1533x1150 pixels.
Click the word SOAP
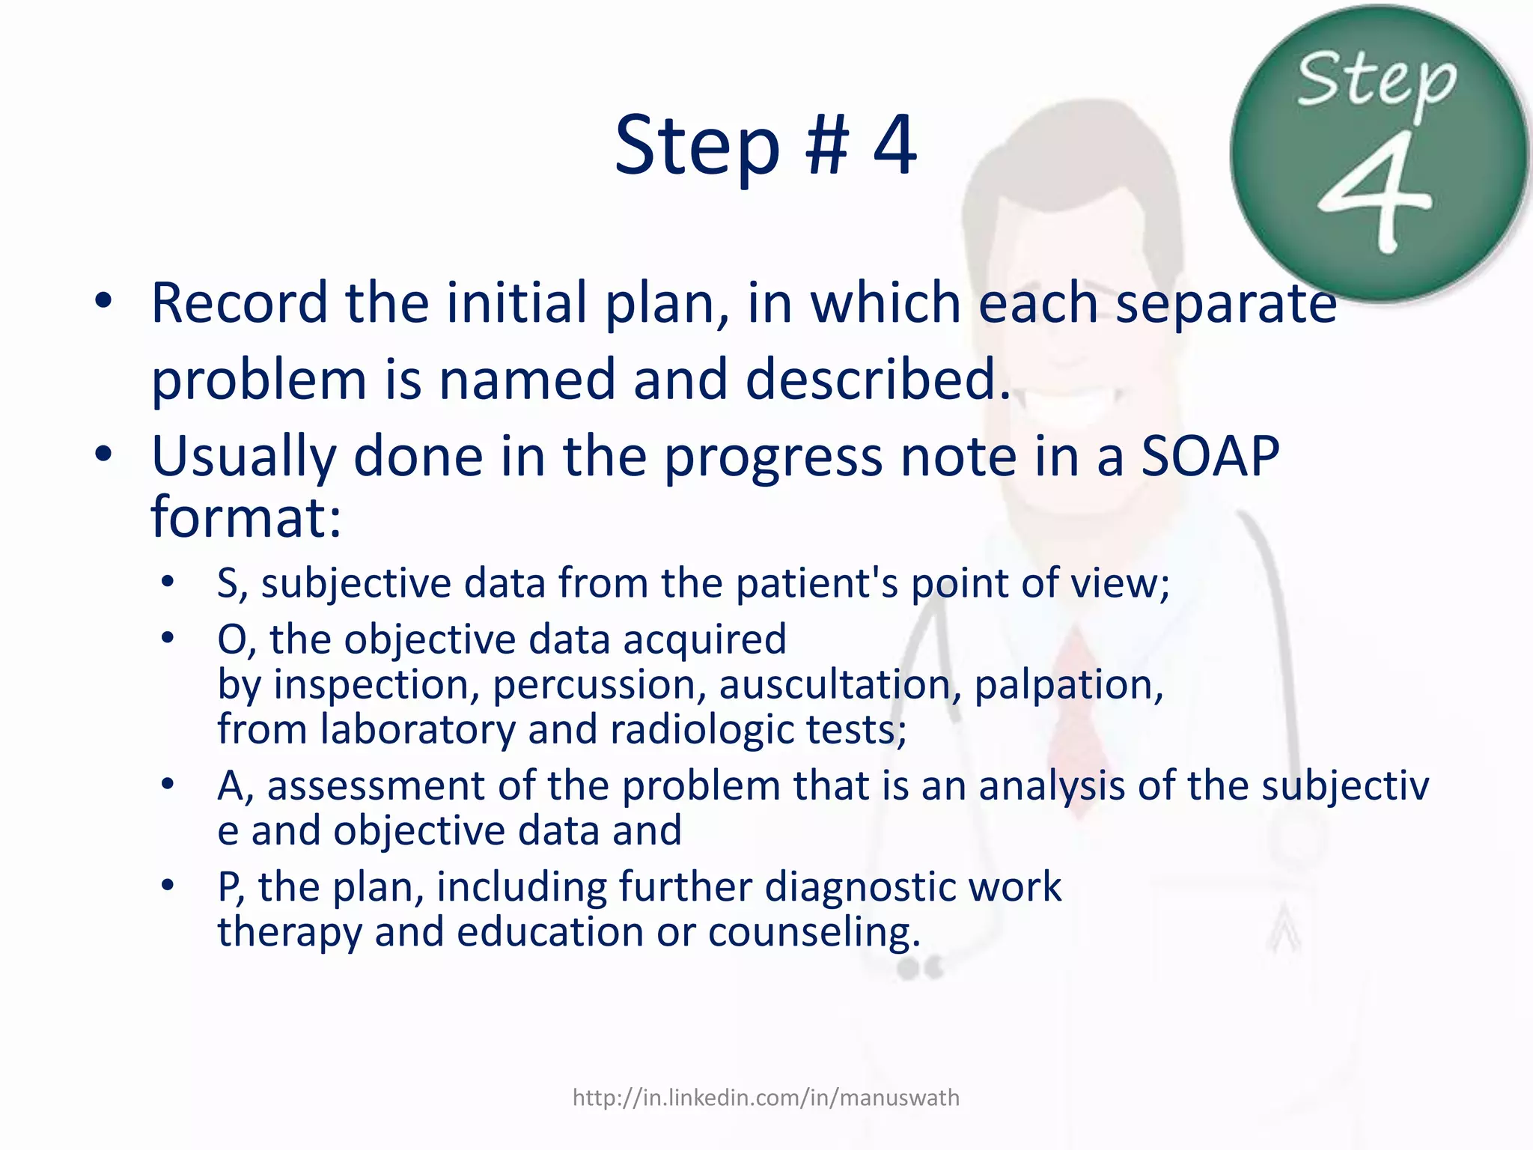(1209, 457)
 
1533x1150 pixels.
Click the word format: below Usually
(246, 518)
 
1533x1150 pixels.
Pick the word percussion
(598, 685)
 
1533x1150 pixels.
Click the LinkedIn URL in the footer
(766, 1098)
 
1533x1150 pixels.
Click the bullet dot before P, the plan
(168, 886)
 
